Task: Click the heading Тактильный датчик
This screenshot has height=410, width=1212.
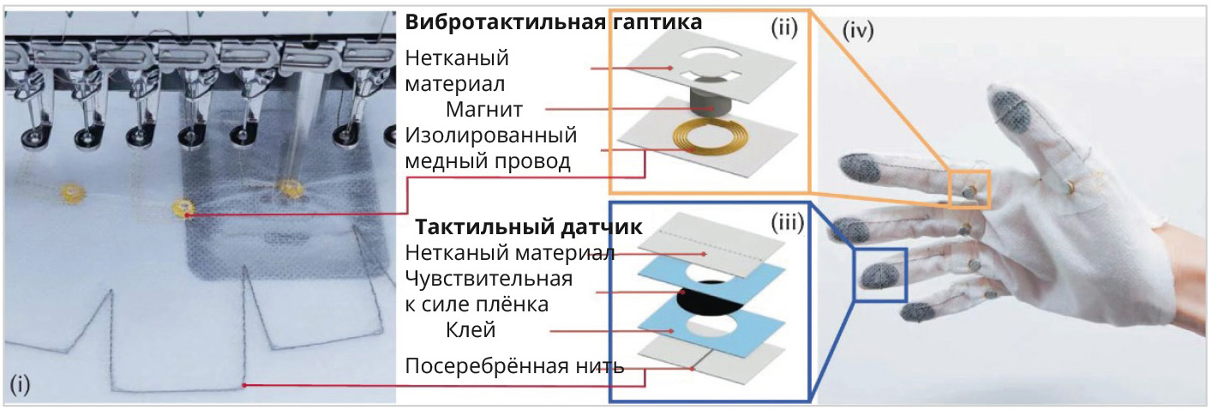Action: (x=530, y=229)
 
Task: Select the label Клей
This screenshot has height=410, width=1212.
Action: (x=470, y=329)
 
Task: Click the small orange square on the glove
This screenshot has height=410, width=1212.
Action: (x=969, y=190)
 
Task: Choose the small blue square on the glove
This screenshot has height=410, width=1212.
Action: (x=879, y=274)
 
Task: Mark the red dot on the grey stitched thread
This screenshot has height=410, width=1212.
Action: (x=246, y=385)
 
